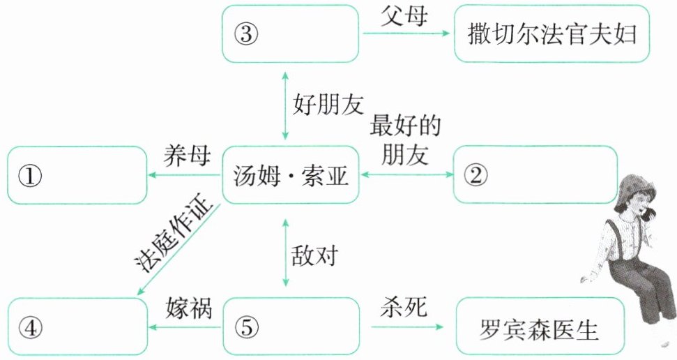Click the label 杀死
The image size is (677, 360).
pyautogui.click(x=402, y=307)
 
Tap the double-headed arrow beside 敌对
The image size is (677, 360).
pyautogui.click(x=284, y=252)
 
